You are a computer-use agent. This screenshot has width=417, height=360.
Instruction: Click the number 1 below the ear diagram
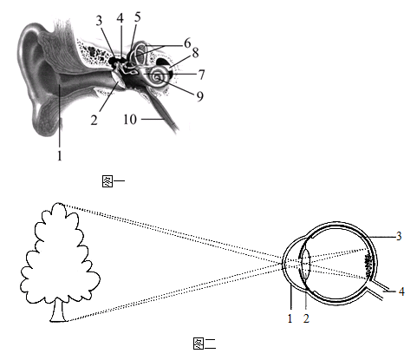click(x=60, y=156)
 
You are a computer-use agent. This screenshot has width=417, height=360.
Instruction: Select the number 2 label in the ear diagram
click(x=94, y=120)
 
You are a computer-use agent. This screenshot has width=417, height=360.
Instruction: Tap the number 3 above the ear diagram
click(x=99, y=21)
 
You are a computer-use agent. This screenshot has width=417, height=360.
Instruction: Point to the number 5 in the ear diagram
click(x=138, y=17)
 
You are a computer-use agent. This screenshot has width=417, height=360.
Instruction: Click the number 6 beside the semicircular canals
click(x=187, y=43)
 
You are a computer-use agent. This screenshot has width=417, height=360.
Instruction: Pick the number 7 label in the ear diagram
click(x=202, y=75)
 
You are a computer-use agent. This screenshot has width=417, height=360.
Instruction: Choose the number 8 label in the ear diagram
click(x=196, y=53)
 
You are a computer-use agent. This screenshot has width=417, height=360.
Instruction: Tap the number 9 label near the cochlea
click(x=200, y=96)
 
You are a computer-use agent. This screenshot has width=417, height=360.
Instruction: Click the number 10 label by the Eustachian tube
click(x=130, y=119)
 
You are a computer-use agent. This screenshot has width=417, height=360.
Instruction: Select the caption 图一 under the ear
click(x=114, y=181)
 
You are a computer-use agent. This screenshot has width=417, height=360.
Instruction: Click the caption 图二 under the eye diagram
click(x=205, y=344)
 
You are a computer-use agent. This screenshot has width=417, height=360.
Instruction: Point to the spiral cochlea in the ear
click(x=159, y=76)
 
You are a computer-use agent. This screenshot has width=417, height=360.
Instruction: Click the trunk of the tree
click(x=59, y=311)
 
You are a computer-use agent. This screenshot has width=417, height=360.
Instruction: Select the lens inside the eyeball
click(x=305, y=263)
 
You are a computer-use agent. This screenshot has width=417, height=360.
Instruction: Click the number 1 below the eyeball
click(x=290, y=318)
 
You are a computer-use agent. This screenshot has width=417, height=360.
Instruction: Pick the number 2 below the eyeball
click(x=306, y=318)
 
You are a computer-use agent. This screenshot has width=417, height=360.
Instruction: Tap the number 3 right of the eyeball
click(x=399, y=236)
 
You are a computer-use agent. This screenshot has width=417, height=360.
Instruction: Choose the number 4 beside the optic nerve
click(x=401, y=291)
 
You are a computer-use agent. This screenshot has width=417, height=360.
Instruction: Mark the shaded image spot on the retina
click(x=368, y=265)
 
